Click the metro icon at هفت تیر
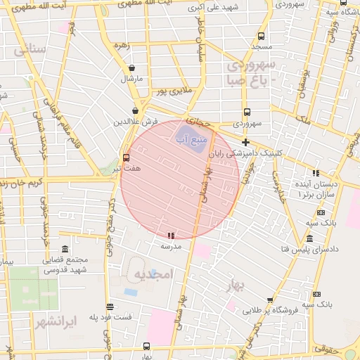click(126, 157)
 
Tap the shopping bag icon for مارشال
click(131, 68)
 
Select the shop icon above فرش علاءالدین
click(135, 111)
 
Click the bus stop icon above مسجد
click(261, 36)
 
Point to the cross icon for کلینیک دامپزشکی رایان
click(245, 142)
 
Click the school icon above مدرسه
click(171, 236)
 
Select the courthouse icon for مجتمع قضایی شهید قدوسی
click(65, 250)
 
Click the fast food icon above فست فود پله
click(110, 307)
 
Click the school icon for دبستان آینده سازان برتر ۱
click(316, 172)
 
